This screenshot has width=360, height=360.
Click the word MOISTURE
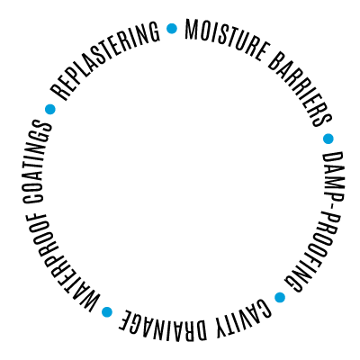[x=225, y=40]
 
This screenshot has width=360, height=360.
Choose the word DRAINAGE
[x=165, y=324]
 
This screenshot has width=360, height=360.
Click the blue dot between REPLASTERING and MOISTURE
[x=172, y=29]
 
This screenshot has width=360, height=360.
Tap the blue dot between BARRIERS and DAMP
[x=328, y=139]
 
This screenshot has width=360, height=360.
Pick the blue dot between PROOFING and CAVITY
[x=280, y=297]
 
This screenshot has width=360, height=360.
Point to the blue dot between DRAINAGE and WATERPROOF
[x=107, y=311]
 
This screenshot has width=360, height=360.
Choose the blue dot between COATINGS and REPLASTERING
[x=50, y=109]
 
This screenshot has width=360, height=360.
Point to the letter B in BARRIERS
[x=274, y=61]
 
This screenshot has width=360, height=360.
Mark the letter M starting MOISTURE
[x=191, y=30]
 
